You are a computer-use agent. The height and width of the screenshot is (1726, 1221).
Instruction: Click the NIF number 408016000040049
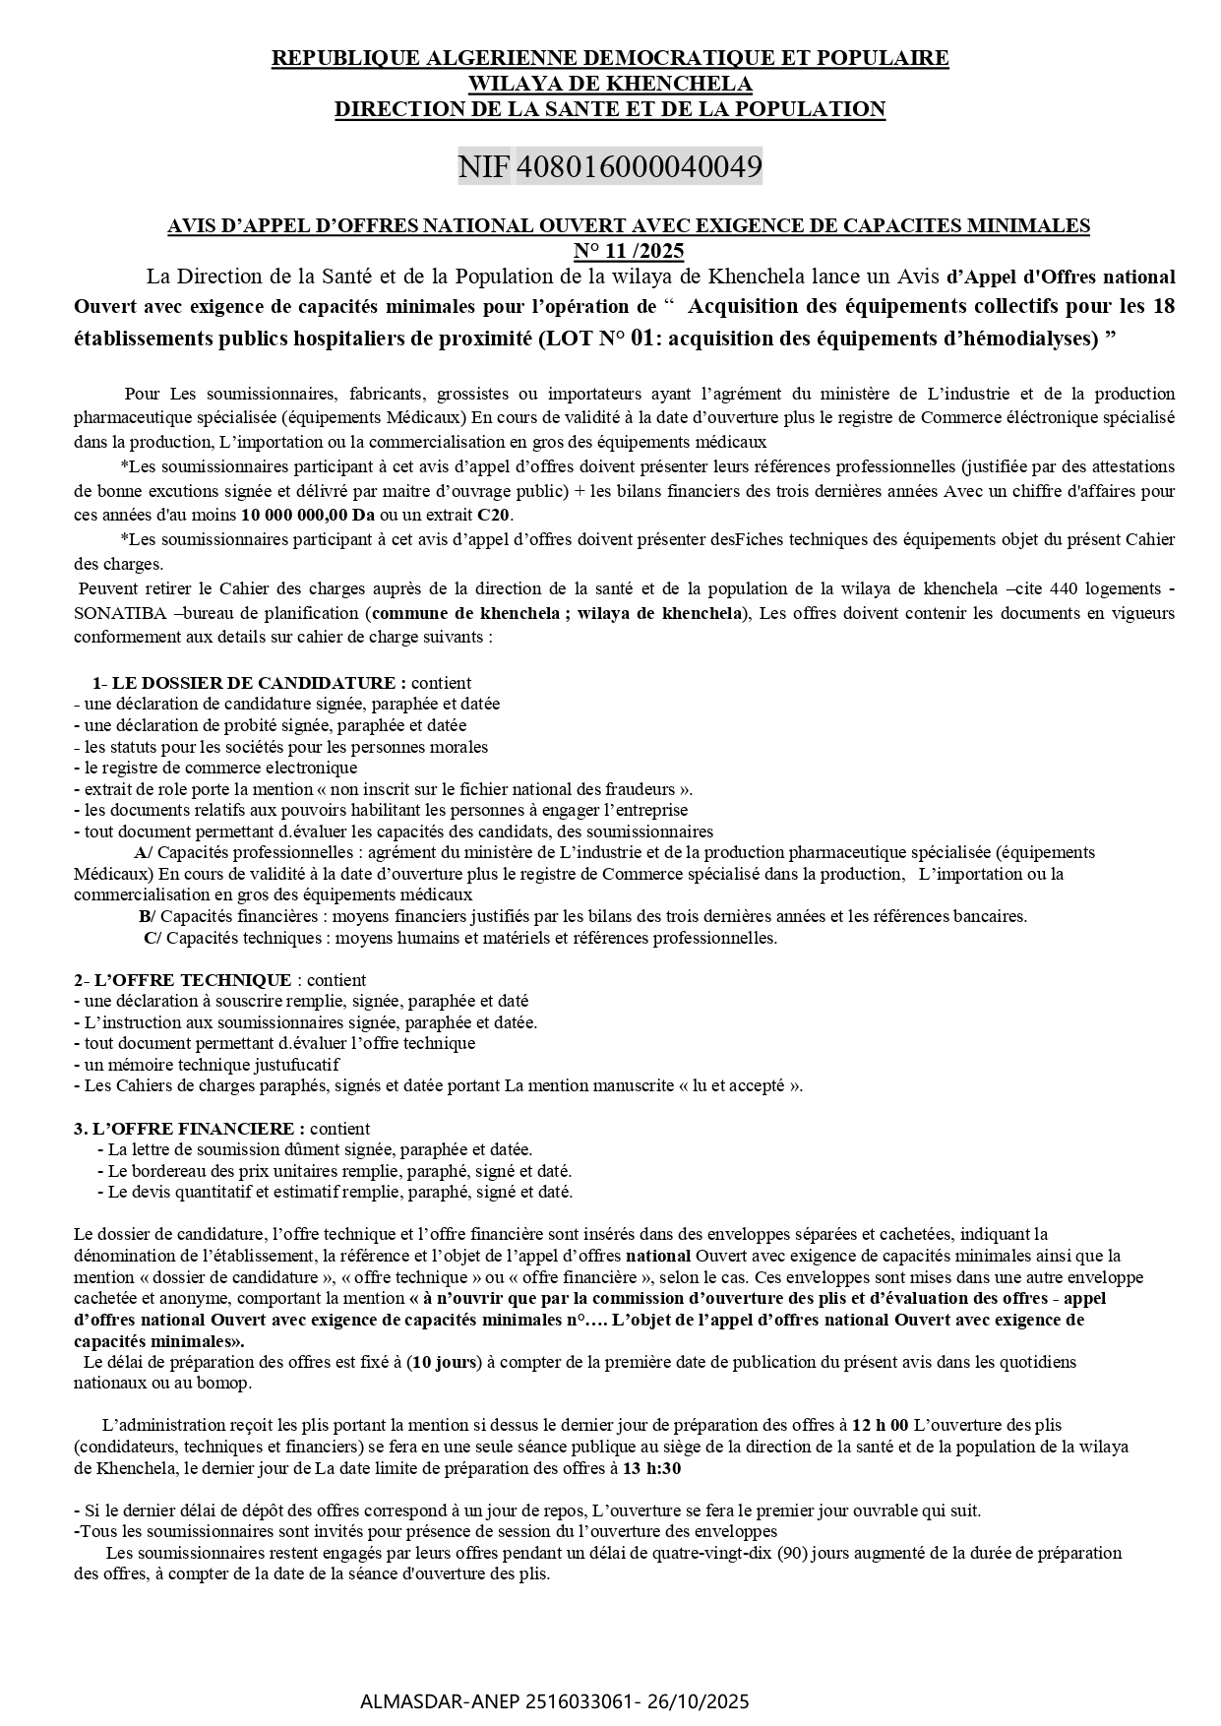pos(639,166)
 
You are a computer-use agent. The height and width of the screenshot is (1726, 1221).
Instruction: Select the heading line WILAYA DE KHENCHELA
pos(610,84)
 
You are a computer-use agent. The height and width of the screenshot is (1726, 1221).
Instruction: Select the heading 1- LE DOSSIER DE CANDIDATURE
pos(249,682)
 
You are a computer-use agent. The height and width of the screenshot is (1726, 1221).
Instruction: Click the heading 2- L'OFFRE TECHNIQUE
pos(182,980)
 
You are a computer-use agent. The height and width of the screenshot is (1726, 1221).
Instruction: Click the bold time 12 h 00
pos(880,1425)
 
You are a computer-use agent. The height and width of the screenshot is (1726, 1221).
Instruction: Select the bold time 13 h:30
pos(652,1468)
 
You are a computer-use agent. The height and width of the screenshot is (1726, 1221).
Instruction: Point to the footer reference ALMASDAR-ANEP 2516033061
pos(497,1700)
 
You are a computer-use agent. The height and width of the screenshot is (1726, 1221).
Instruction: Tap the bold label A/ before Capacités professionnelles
pos(143,852)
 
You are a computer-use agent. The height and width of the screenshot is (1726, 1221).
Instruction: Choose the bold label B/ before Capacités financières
pos(147,916)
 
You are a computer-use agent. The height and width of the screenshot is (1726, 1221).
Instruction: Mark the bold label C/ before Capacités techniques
pos(153,938)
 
